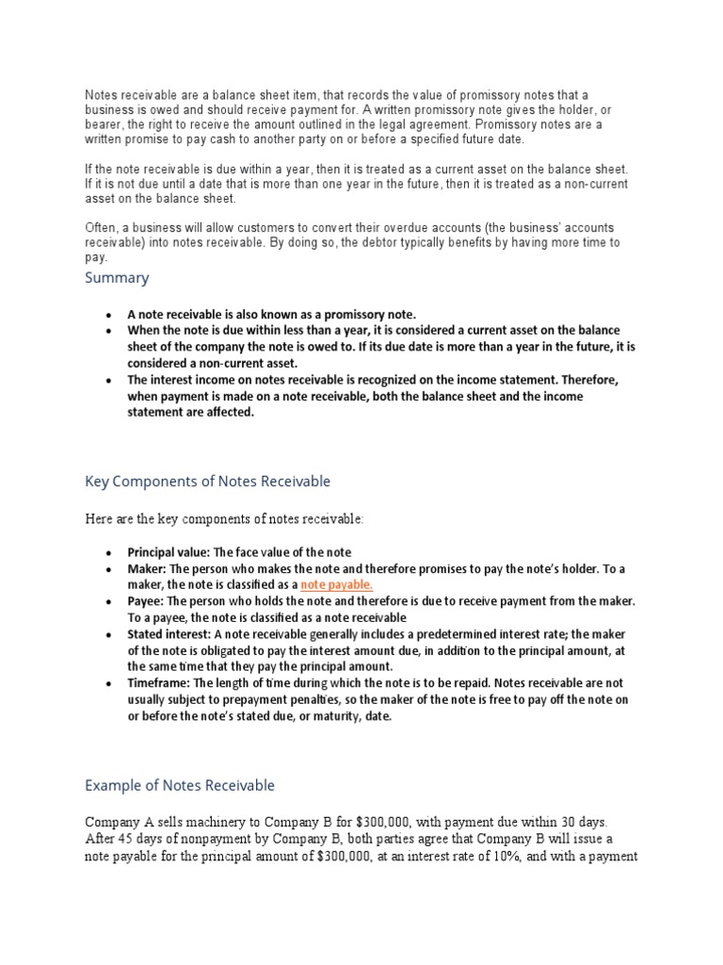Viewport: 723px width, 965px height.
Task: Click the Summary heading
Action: (x=117, y=278)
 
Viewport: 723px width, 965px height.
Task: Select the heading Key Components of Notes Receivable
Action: (x=207, y=482)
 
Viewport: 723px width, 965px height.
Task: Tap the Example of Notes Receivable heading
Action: (x=180, y=785)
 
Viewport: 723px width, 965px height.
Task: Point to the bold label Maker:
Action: (x=147, y=569)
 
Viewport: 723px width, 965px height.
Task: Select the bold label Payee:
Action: (x=147, y=601)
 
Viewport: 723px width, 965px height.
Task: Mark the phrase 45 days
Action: (x=137, y=839)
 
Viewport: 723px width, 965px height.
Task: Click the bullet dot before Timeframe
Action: (x=109, y=683)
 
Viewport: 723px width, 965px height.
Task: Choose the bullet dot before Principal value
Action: (x=109, y=552)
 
